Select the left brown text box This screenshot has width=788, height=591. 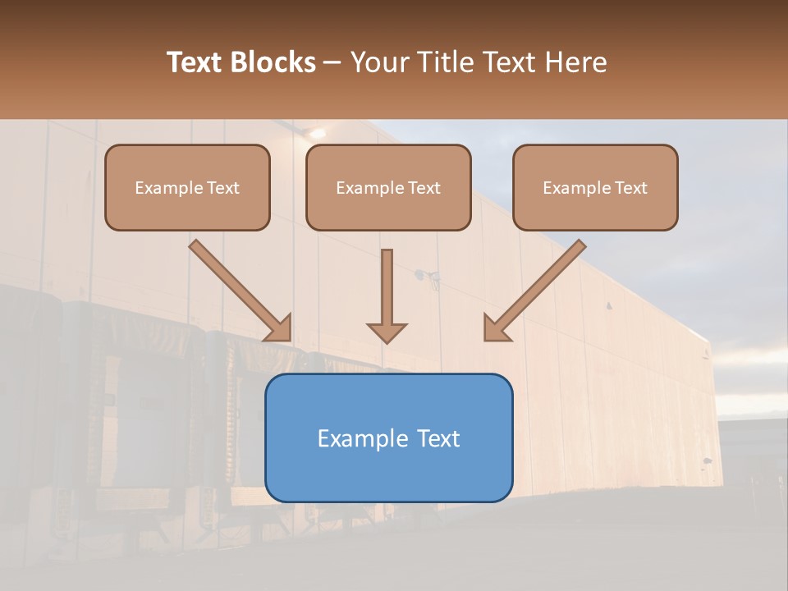[x=187, y=188]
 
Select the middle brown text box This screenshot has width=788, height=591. [x=388, y=188]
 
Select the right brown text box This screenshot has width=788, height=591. [x=595, y=188]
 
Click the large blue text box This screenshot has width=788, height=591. [x=388, y=438]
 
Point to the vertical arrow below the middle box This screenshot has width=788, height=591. [x=387, y=295]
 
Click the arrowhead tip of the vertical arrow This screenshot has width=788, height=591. [x=387, y=341]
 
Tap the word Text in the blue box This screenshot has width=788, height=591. [x=439, y=438]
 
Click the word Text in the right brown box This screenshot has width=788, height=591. [x=630, y=188]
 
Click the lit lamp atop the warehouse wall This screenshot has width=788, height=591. [x=317, y=133]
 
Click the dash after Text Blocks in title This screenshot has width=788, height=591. [x=332, y=62]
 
